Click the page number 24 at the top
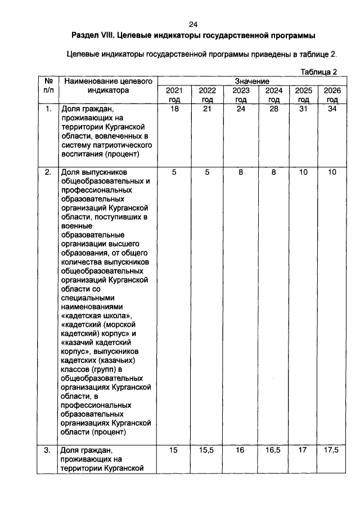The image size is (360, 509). pos(193,24)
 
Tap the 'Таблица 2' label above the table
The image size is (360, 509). pos(318,71)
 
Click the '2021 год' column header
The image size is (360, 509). pos(174,94)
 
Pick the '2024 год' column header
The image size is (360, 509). pos(273,94)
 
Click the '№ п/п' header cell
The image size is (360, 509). pos(48,85)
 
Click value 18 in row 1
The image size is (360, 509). pos(174,109)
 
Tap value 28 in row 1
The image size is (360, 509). pos(273,109)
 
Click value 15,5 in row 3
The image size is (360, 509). pos(207,450)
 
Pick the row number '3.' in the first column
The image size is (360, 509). pos(48,450)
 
